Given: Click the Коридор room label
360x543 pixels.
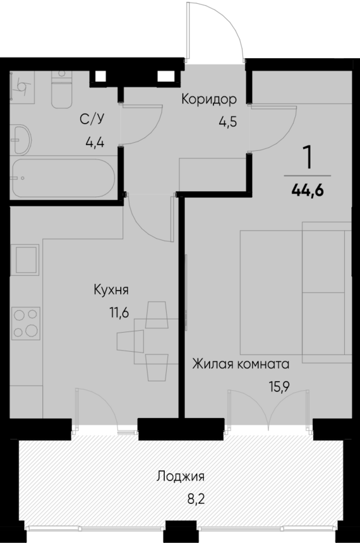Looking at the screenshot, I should (x=209, y=99).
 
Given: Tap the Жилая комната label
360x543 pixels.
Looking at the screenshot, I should (x=241, y=364).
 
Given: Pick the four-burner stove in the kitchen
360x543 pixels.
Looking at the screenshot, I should (x=25, y=322).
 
